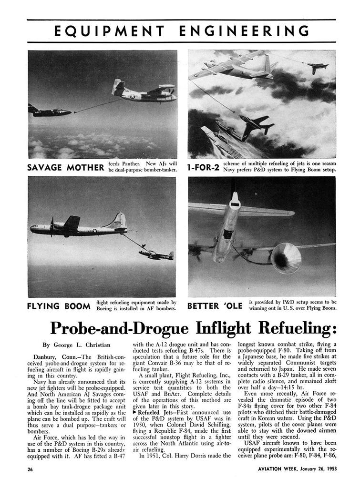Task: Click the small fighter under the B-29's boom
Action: coord(156,255)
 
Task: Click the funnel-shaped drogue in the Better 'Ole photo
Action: coord(286,258)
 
